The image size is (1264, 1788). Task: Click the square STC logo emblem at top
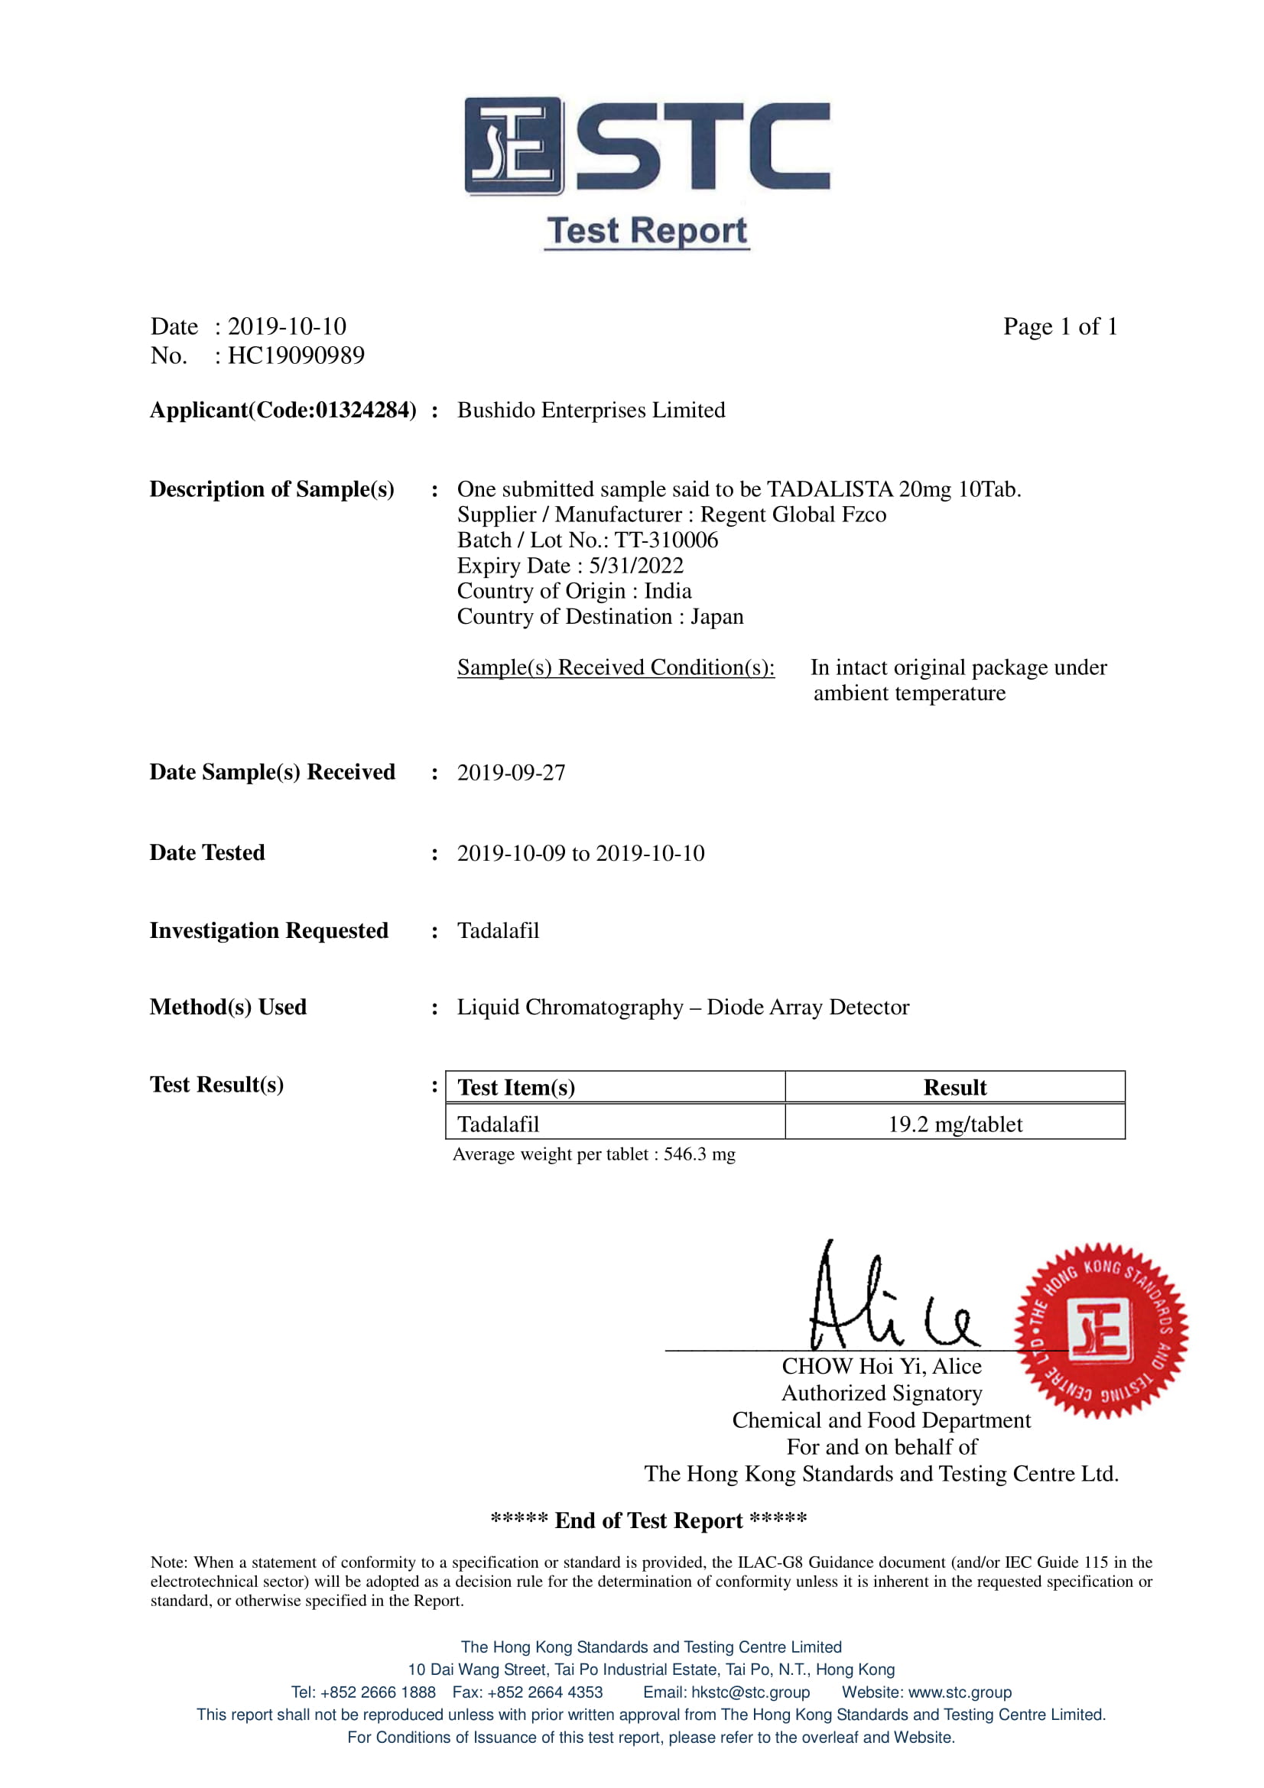pos(513,146)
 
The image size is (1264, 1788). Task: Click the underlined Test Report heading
pos(646,232)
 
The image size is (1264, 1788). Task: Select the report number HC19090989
pos(296,356)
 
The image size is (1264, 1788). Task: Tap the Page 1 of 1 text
pos(1060,327)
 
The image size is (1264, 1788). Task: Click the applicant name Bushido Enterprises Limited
pos(591,410)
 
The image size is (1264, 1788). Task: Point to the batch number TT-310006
pos(666,540)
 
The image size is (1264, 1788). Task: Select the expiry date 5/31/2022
pos(635,566)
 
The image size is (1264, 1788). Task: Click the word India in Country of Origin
pos(668,591)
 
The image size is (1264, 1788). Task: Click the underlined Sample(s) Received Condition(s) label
pos(616,668)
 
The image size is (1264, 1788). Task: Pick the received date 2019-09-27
pos(511,773)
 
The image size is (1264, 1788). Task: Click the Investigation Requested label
pos(268,930)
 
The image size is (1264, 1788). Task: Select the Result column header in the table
pos(955,1088)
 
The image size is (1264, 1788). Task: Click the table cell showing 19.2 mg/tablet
pos(955,1124)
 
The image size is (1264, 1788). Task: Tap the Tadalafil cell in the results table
pos(499,1124)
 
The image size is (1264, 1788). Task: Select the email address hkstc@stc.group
pos(750,1692)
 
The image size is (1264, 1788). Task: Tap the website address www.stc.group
pos(960,1692)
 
